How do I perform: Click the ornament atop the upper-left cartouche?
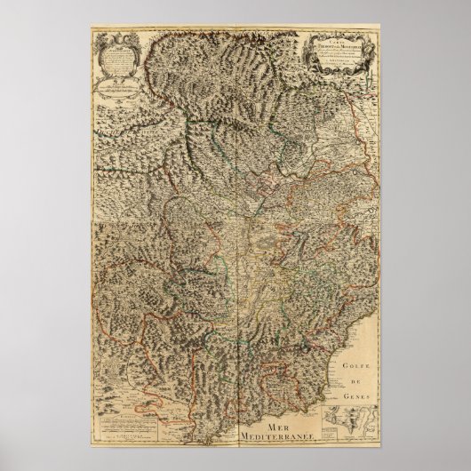(116, 37)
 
